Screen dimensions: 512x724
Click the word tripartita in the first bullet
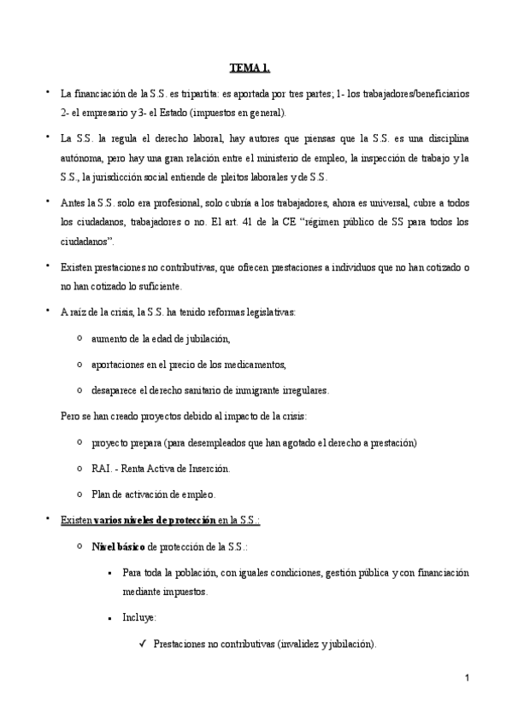[x=186, y=91]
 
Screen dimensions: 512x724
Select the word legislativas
[x=269, y=312]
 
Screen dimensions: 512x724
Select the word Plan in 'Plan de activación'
[x=100, y=494]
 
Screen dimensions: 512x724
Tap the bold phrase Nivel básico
[x=119, y=545]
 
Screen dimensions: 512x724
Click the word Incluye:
[x=139, y=617]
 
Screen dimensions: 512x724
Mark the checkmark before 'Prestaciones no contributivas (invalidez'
[x=142, y=643]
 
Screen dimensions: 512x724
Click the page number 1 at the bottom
[x=467, y=679]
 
